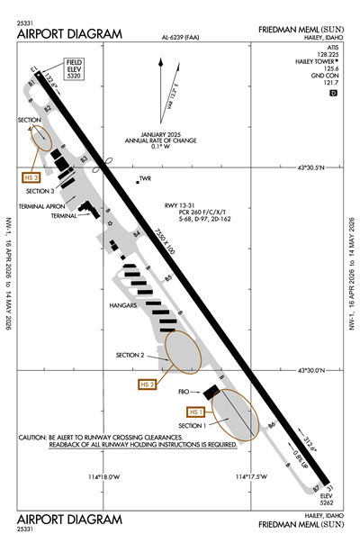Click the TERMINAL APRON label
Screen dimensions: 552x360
pyautogui.click(x=43, y=206)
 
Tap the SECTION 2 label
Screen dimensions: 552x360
pyautogui.click(x=130, y=355)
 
